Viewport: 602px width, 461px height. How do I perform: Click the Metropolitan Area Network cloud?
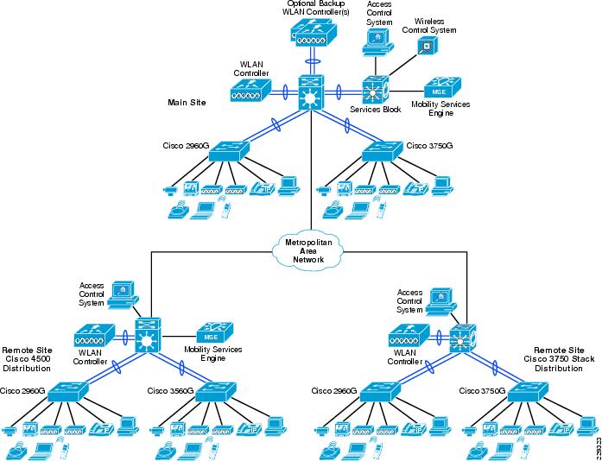point(308,251)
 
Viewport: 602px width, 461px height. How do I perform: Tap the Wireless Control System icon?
point(428,46)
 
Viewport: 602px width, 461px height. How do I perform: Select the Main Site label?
point(187,103)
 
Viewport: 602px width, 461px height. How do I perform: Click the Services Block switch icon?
point(376,91)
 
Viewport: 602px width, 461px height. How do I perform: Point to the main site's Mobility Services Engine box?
point(442,88)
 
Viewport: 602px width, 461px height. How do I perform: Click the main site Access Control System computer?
point(377,42)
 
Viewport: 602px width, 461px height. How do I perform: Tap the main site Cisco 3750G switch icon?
point(384,151)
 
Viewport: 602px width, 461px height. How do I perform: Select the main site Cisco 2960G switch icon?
point(229,151)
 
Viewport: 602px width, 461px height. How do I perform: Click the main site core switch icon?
point(312,92)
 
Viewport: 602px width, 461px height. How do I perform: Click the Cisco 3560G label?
point(170,391)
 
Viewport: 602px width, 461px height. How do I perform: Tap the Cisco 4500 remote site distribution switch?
point(149,335)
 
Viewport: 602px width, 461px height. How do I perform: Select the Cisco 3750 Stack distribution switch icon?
point(463,338)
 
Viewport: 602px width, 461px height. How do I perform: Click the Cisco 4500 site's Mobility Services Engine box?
point(214,332)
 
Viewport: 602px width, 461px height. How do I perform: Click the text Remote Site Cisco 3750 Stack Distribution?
point(564,359)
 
